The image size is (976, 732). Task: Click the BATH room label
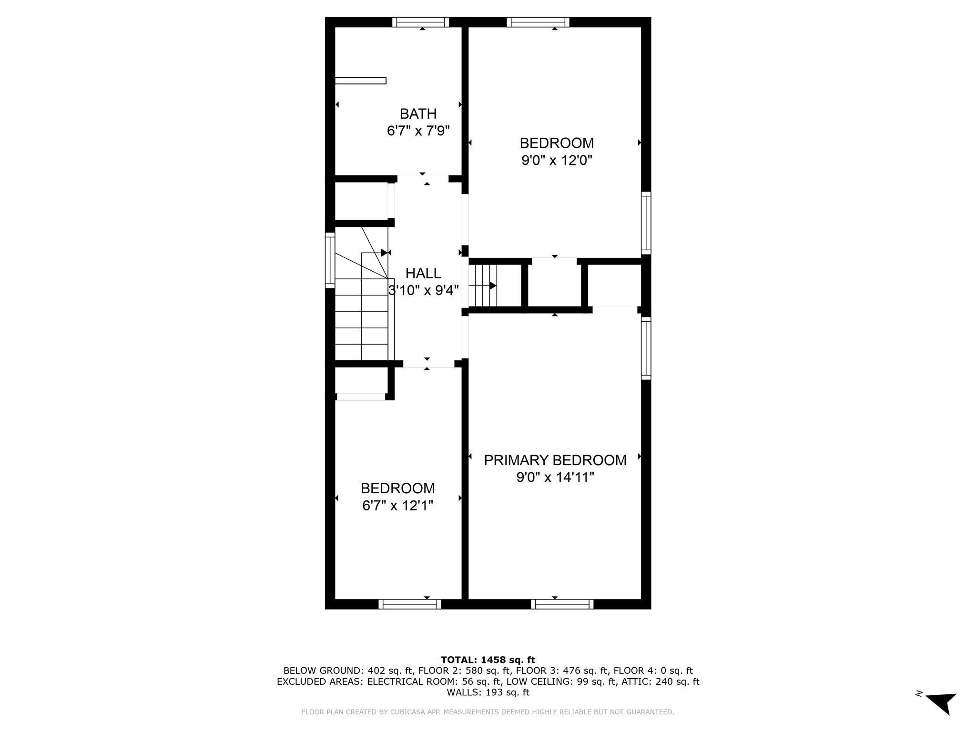pos(418,114)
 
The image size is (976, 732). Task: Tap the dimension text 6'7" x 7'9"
pos(418,131)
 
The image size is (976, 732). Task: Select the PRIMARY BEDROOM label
pos(555,460)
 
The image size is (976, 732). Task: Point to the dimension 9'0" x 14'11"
pos(555,477)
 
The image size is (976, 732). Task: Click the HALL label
pos(423,273)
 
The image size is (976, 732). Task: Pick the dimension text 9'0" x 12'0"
pos(557,160)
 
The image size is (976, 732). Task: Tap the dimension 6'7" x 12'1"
pos(397,505)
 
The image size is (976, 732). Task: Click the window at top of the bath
pos(421,22)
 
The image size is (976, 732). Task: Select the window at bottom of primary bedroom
pos(562,604)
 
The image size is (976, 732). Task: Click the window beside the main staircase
pos(330,260)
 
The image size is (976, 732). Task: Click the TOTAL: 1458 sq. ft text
pos(488,660)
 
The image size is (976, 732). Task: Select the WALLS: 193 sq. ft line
pos(488,692)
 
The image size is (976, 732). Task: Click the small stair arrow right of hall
pos(492,285)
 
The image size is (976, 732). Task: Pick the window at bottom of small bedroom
pos(410,604)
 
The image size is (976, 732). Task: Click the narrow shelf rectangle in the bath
pos(360,81)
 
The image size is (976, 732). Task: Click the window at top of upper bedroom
pos(538,22)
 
